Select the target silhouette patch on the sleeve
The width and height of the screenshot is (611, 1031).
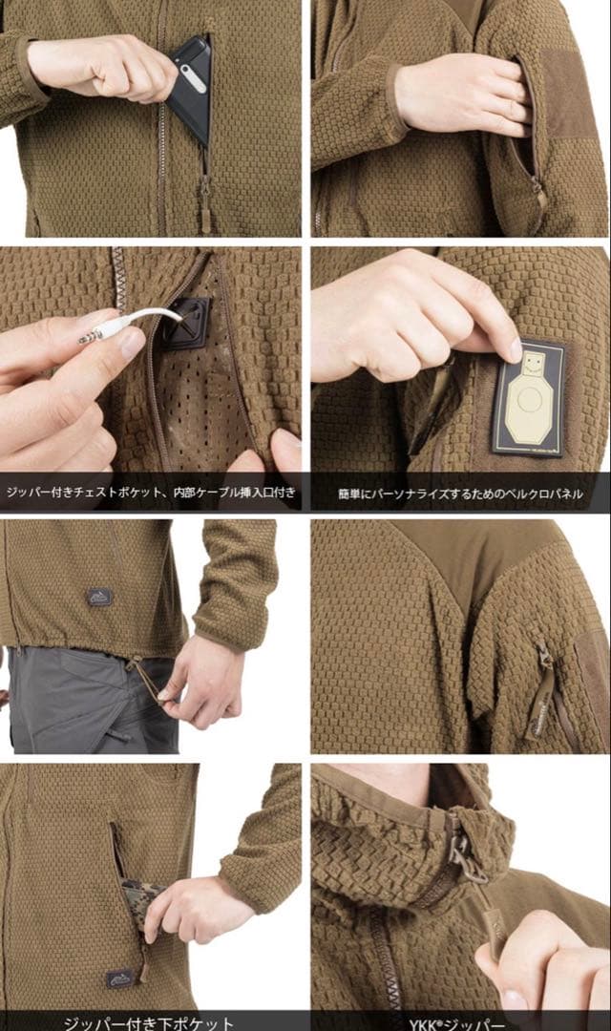(x=529, y=399)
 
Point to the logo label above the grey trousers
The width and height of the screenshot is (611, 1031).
(x=99, y=598)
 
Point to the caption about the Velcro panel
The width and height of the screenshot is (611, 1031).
(x=461, y=494)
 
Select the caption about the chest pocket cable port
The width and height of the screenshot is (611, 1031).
(x=151, y=494)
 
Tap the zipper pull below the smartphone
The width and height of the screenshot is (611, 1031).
(x=205, y=192)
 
